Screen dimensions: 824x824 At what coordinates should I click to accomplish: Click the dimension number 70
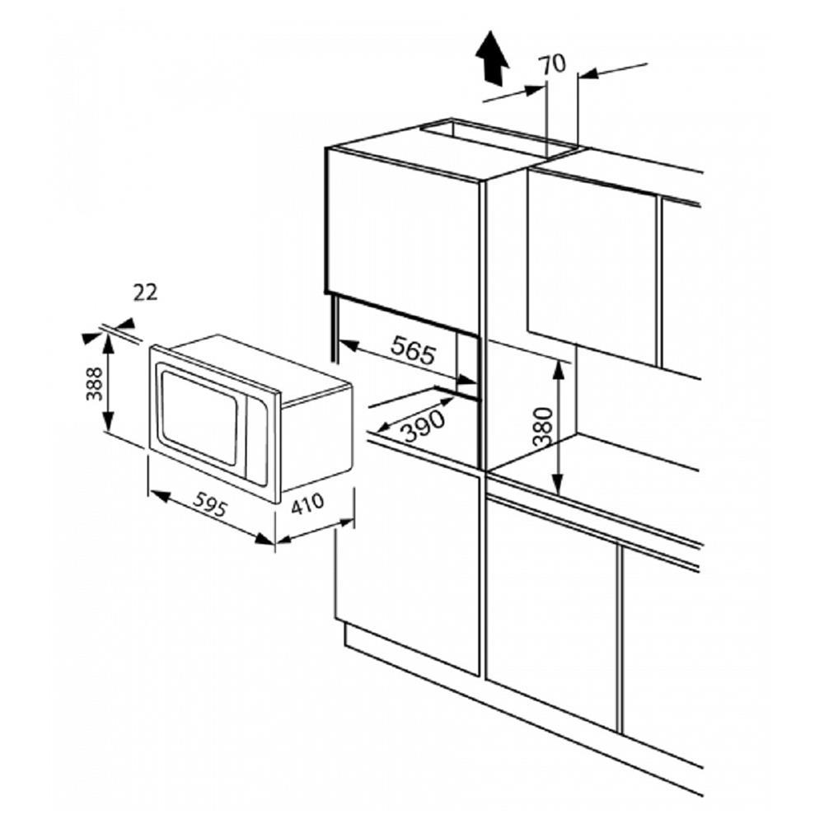click(x=555, y=63)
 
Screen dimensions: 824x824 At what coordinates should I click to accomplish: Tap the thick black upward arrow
click(x=494, y=58)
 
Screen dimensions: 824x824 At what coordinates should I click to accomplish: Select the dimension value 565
click(x=412, y=353)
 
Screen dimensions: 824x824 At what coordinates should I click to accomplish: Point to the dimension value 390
click(x=424, y=424)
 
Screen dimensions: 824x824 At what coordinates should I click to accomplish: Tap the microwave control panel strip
click(x=258, y=442)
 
